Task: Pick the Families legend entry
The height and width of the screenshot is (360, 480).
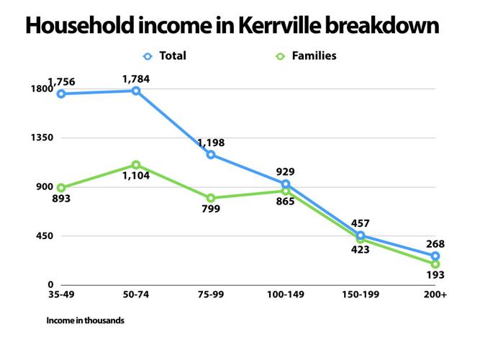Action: coord(306,55)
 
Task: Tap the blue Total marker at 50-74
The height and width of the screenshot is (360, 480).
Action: coord(136,91)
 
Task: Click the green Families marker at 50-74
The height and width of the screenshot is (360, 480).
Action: coord(136,166)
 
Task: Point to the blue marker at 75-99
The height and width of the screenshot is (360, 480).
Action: coord(211,155)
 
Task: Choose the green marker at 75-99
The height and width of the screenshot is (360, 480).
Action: coord(211,198)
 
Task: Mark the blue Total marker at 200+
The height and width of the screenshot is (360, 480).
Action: coord(435,256)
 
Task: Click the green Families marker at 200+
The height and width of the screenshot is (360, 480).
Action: coord(435,264)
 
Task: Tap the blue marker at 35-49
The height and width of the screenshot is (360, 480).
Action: coord(61,94)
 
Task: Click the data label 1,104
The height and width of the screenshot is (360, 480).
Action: coord(135,176)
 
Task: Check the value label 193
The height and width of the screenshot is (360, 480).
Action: coord(434,275)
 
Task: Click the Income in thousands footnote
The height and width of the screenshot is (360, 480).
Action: coord(85,320)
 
